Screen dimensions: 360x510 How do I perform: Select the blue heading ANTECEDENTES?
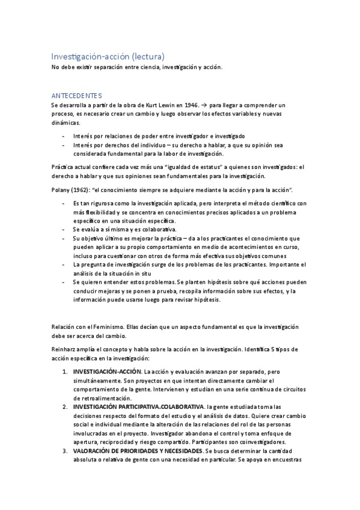(x=77, y=96)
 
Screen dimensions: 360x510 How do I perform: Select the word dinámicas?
(x=66, y=123)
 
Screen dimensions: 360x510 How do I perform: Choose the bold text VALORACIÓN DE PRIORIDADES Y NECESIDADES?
(x=138, y=451)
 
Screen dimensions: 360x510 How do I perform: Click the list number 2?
(x=65, y=407)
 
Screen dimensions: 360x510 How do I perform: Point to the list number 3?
(x=65, y=451)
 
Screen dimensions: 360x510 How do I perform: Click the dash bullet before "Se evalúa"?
(x=64, y=229)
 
